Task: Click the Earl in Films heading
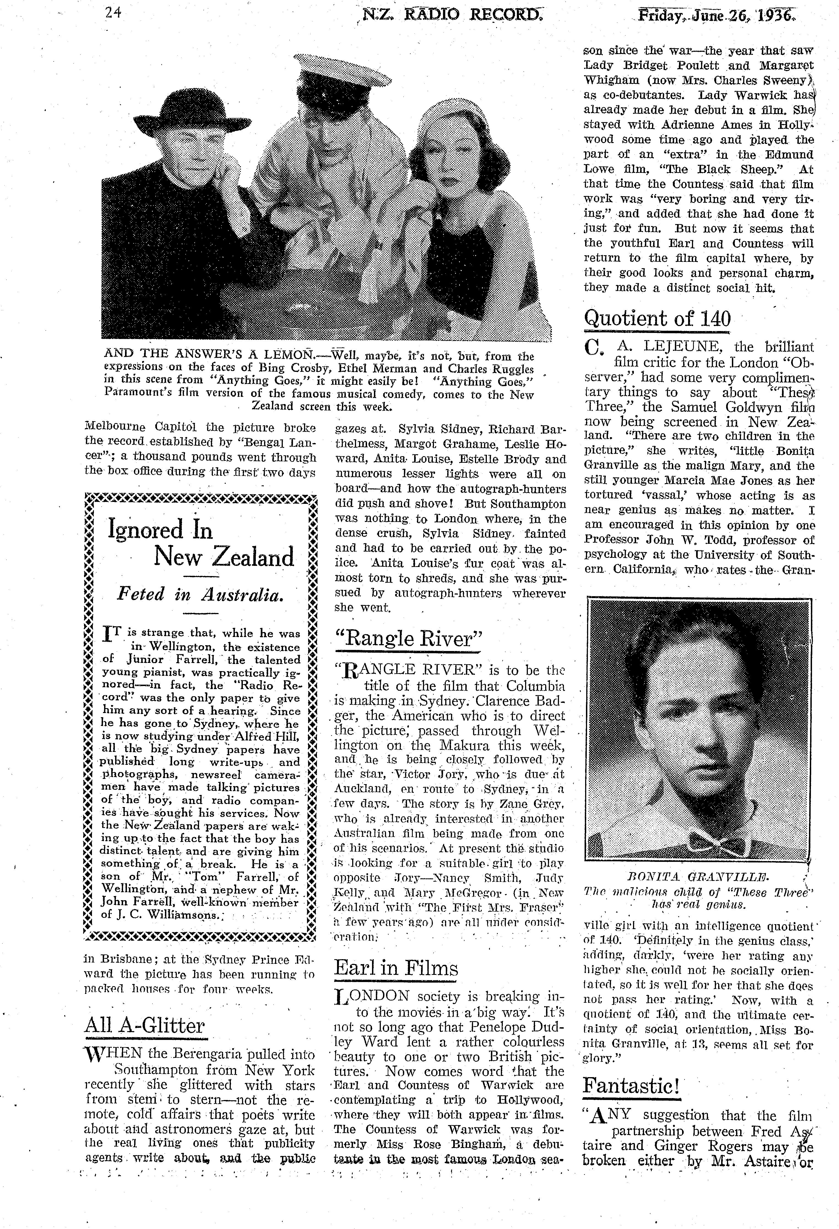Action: click(396, 967)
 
